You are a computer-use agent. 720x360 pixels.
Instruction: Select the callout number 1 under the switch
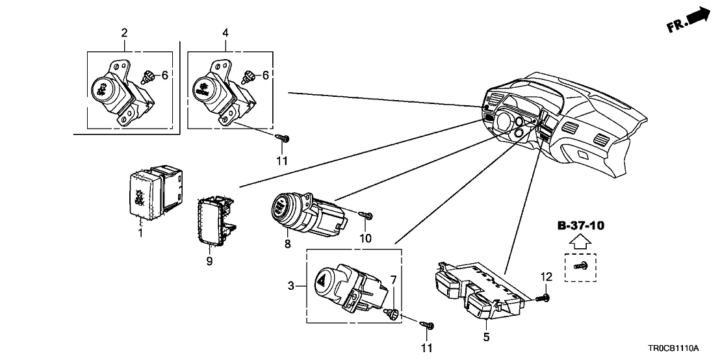click(x=139, y=232)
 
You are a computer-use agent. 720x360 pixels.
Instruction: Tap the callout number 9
click(x=210, y=261)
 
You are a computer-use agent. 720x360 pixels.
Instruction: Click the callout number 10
click(x=366, y=238)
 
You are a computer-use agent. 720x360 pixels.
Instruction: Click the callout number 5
click(x=486, y=337)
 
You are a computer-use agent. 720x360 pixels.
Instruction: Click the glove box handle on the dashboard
click(x=584, y=155)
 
